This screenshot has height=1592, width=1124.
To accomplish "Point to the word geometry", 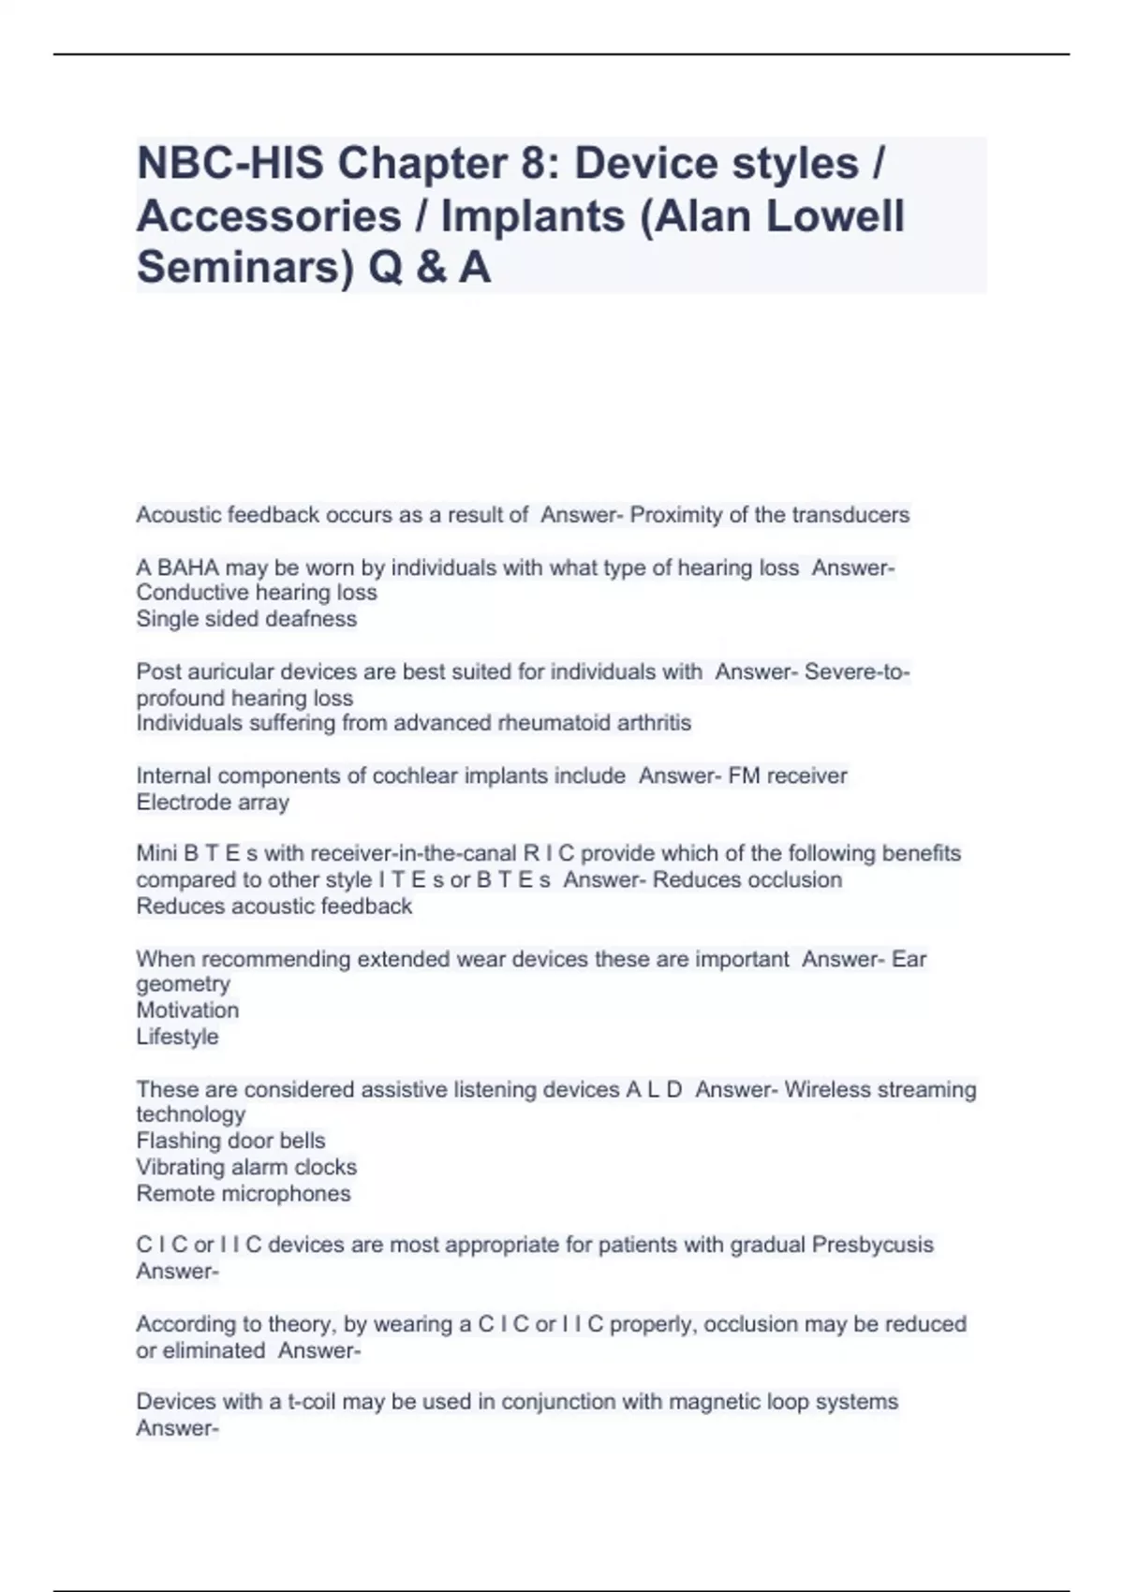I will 183,984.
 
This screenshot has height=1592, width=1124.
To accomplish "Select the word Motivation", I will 187,1010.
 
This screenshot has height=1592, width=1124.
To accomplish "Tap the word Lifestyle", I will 177,1037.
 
